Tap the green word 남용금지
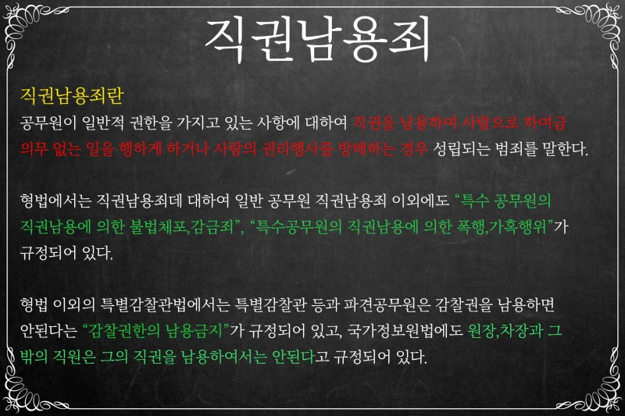tap(191, 330)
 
